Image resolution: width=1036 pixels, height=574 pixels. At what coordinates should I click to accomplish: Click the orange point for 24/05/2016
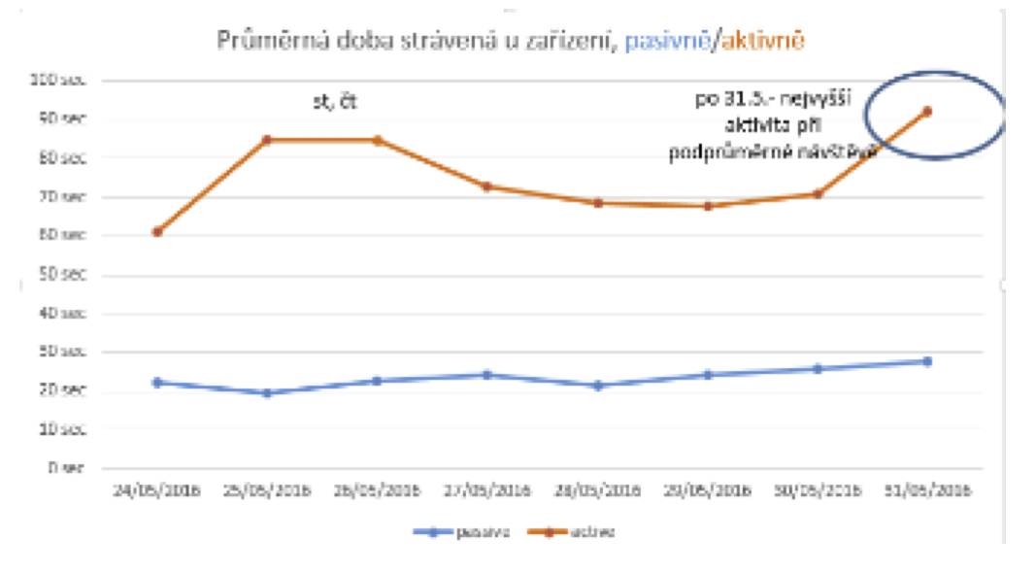(x=157, y=231)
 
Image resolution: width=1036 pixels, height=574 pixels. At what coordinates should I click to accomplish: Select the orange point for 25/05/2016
(x=267, y=140)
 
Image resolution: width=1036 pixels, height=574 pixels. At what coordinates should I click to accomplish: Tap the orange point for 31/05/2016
(x=927, y=111)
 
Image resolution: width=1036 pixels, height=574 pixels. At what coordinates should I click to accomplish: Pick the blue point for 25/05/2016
(x=267, y=392)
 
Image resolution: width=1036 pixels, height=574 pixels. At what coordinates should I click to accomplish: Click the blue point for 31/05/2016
(x=927, y=361)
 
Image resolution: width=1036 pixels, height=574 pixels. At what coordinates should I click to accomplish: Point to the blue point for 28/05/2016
(x=598, y=386)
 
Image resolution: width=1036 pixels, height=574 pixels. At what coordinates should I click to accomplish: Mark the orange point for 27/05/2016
(x=487, y=186)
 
